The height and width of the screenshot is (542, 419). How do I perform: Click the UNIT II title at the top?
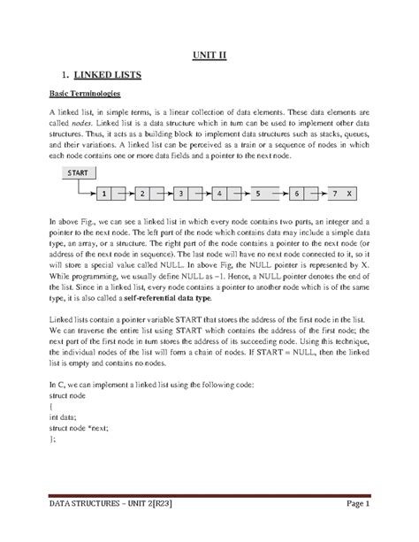coord(210,55)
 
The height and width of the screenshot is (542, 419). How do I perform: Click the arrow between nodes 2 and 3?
coord(162,191)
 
